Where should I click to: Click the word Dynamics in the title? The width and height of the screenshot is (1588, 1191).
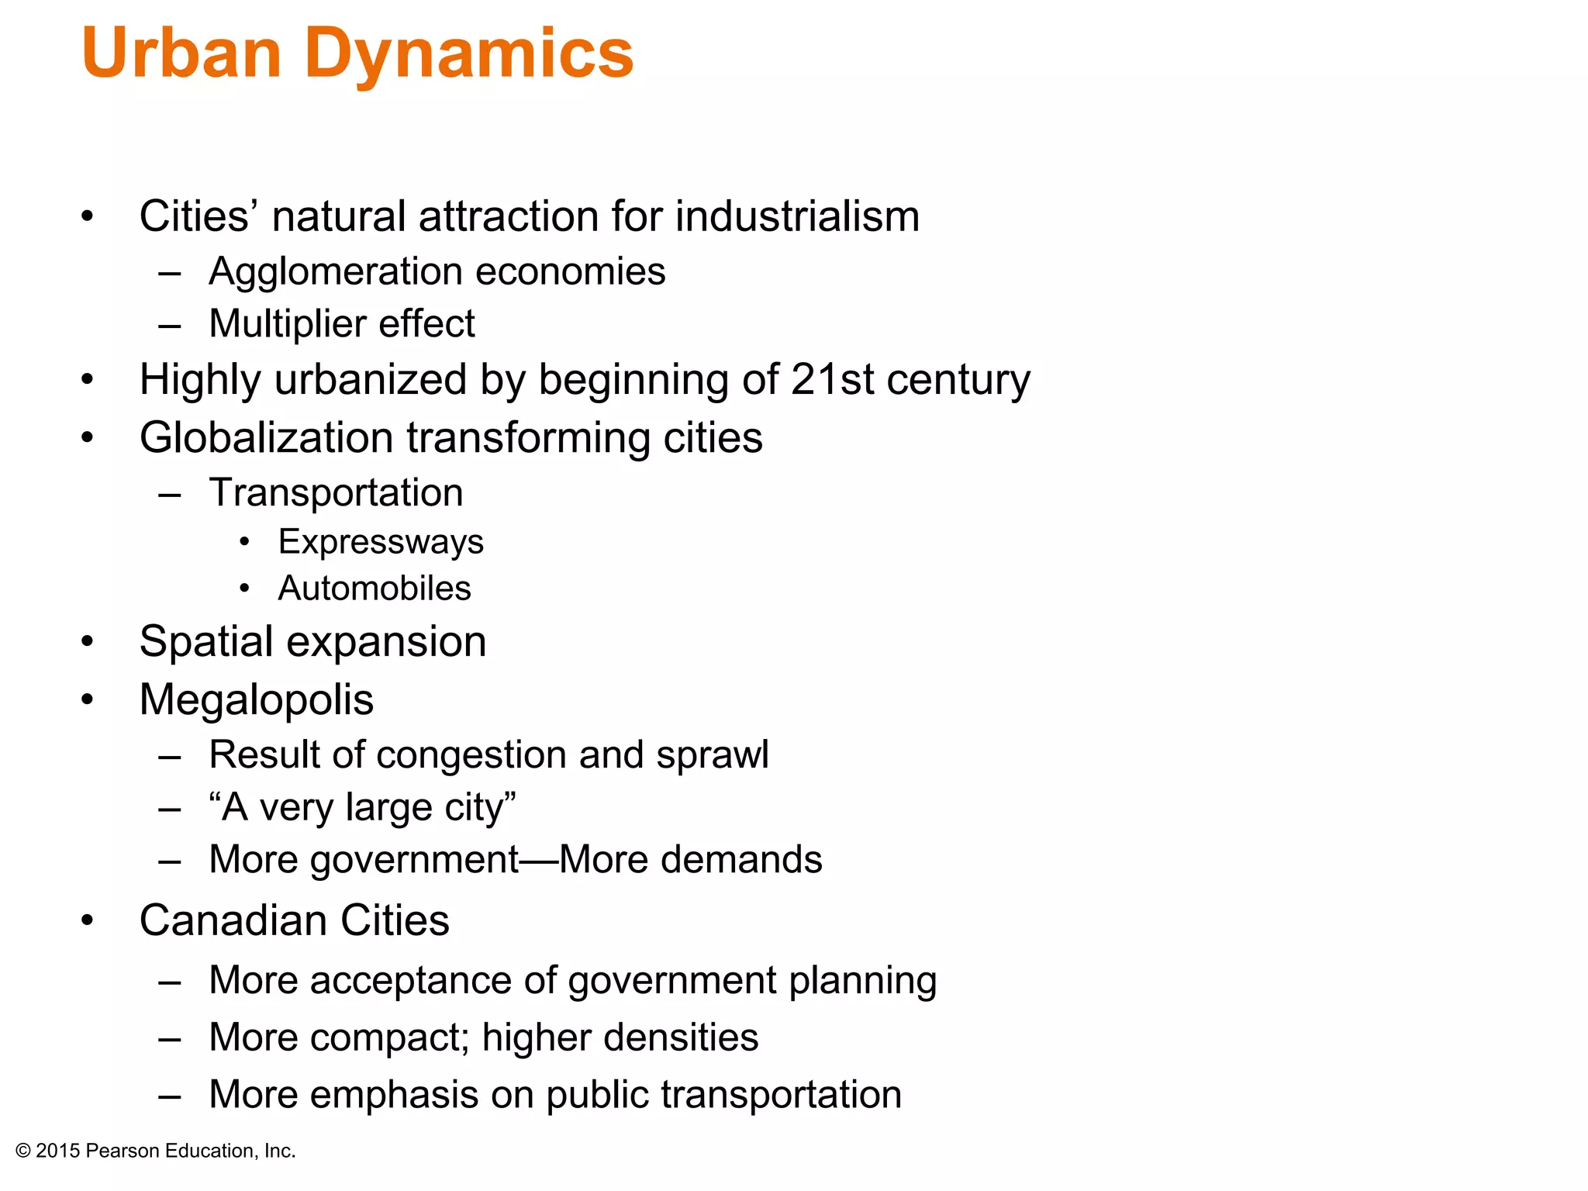pos(468,54)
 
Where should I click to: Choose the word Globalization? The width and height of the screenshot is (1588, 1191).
pos(266,437)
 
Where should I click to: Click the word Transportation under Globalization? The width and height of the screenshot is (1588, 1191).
pos(336,492)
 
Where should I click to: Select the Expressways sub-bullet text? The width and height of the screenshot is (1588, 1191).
pos(381,542)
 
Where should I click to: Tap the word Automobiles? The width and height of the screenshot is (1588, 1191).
pos(375,589)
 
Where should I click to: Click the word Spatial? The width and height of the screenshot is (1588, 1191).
pos(205,642)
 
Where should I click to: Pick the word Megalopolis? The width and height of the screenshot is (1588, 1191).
pos(256,700)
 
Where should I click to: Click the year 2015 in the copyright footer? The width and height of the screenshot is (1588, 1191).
pos(58,1151)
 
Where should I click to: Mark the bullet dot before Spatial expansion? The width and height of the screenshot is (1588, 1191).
pos(88,642)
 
